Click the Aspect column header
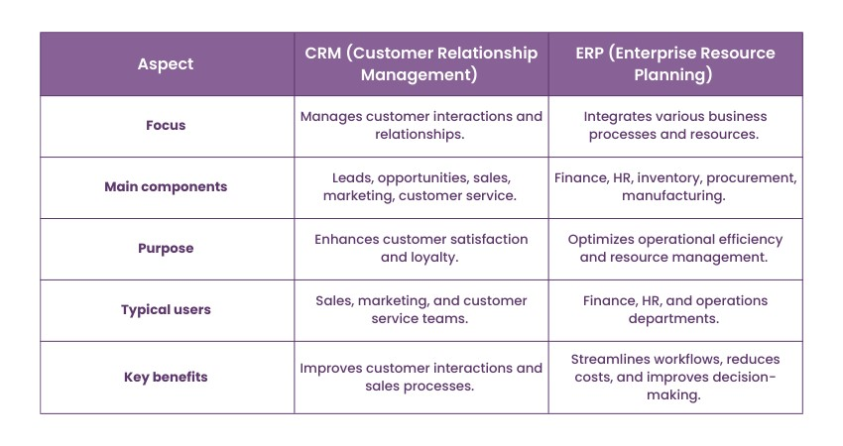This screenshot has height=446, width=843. pos(167,64)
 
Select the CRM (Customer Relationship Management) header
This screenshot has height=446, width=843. pos(421,63)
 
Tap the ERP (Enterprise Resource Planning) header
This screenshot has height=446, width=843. pos(675,63)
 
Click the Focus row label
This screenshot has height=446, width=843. pos(167,126)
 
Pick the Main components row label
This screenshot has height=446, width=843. pos(167,186)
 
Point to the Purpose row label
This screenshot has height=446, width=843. pos(167,248)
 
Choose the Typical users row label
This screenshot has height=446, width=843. pos(167,309)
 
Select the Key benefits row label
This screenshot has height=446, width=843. pos(167,377)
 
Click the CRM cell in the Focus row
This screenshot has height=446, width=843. pos(421,126)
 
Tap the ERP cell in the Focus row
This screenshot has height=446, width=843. pos(675,126)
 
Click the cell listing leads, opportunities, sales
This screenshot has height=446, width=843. pos(421,186)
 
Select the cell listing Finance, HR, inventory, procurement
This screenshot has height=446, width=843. pos(675,186)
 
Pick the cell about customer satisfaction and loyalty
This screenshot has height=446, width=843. pos(421,248)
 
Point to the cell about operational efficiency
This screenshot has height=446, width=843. pos(675,248)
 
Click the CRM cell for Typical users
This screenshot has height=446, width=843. pos(421,309)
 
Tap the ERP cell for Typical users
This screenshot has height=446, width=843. pos(675,309)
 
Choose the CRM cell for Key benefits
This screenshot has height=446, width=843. pos(421,377)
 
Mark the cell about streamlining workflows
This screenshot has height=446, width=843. pos(675,377)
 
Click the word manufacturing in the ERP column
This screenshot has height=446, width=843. pos(675,196)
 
